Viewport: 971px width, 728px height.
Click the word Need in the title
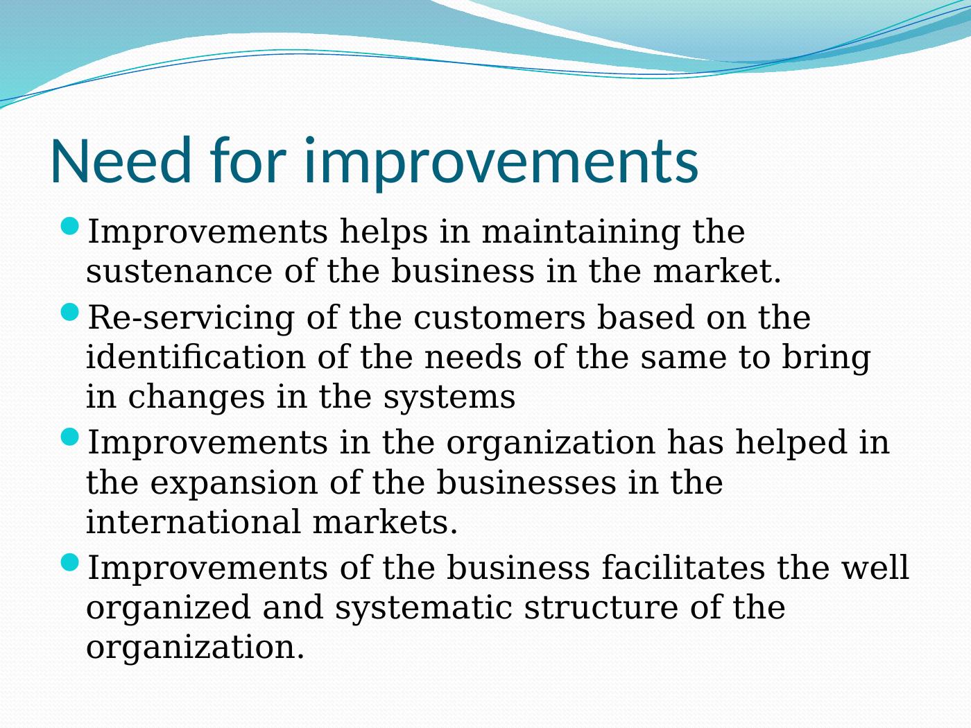click(x=121, y=160)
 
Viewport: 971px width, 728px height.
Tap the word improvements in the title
click(x=501, y=164)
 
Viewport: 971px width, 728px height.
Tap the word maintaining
click(x=581, y=232)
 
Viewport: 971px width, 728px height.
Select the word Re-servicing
click(x=191, y=318)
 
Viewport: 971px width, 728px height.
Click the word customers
click(x=499, y=318)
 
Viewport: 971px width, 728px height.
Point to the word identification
click(x=196, y=356)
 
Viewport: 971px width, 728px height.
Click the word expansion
click(x=234, y=483)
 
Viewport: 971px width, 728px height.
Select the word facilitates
click(x=683, y=567)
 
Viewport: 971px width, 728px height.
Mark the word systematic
click(x=424, y=608)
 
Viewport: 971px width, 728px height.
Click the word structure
click(x=601, y=607)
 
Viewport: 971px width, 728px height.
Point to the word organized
click(x=168, y=608)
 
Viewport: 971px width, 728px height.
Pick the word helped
click(x=791, y=443)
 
